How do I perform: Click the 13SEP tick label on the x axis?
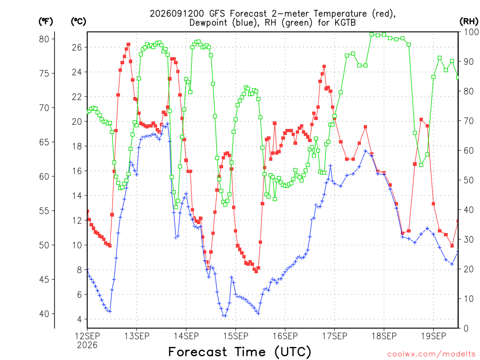136,336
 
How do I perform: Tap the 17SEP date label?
335,336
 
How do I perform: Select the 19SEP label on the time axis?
434,336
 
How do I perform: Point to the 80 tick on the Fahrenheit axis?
44,39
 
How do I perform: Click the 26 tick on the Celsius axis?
77,47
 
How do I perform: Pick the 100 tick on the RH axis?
471,32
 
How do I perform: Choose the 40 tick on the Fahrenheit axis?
44,314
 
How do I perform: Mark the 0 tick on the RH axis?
466,329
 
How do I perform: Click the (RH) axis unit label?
469,21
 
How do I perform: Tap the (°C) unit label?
78,21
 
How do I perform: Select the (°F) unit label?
45,21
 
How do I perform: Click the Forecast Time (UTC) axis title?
240,352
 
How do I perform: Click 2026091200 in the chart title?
177,14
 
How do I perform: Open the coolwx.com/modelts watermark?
431,354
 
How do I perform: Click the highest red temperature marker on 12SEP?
128,45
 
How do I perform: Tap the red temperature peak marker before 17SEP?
324,67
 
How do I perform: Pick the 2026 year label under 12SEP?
87,345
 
